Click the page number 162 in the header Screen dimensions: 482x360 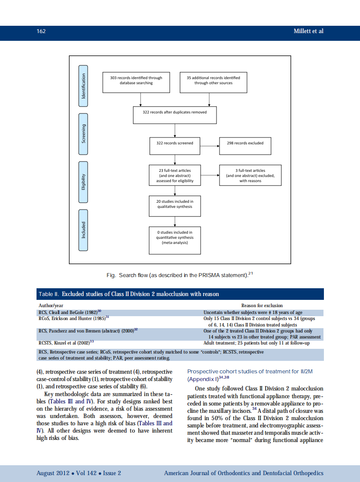(41, 31)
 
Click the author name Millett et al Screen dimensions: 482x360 (308, 31)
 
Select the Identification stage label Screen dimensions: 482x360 (84, 86)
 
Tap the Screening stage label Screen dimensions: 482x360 (84, 134)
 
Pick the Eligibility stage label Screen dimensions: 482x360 (84, 182)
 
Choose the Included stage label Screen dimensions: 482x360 (84, 229)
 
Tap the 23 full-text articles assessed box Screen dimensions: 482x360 (175, 176)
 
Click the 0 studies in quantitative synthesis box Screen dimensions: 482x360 (175, 240)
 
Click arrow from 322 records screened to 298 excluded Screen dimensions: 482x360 (210, 146)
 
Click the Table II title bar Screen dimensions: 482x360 (180, 294)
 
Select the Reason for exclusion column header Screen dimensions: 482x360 (262, 305)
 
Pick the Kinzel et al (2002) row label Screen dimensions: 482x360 (66, 343)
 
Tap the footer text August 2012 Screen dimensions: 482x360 (79, 473)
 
